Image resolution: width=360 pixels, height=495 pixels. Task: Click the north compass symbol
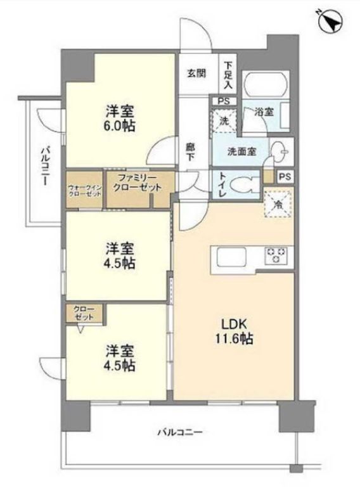click(330, 21)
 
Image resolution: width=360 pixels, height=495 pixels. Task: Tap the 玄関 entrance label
click(197, 74)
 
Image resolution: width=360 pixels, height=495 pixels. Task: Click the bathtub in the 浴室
click(267, 84)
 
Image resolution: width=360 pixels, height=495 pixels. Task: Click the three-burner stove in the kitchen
click(276, 255)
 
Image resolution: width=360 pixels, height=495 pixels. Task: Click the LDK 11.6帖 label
click(234, 331)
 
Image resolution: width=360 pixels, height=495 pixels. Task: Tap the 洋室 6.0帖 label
click(120, 119)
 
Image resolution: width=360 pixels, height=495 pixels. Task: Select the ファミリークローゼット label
click(138, 183)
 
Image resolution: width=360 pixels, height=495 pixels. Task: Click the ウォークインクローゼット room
click(84, 190)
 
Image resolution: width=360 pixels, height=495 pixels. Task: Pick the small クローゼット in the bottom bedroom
click(84, 313)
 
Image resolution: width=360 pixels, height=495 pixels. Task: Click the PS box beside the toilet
click(285, 176)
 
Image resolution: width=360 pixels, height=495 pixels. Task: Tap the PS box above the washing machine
click(224, 101)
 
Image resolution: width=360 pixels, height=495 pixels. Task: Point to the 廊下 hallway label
click(190, 151)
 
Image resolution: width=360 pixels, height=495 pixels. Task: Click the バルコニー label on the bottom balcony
click(180, 432)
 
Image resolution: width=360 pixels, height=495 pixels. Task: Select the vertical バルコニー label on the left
click(45, 165)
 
